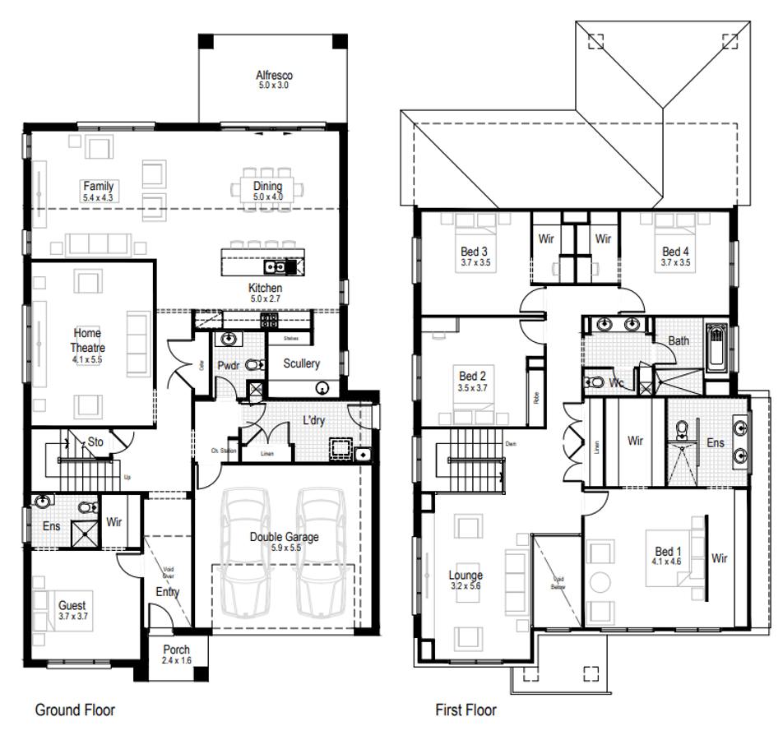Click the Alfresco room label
[x=274, y=76]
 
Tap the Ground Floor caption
[x=75, y=710]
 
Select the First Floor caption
[x=466, y=710]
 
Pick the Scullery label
[x=301, y=363]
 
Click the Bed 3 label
[x=474, y=252]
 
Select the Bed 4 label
[x=675, y=252]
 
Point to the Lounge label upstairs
[x=466, y=576]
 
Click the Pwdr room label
[x=228, y=365]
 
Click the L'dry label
[x=313, y=420]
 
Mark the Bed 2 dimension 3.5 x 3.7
[x=473, y=387]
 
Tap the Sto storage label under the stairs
[x=95, y=442]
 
